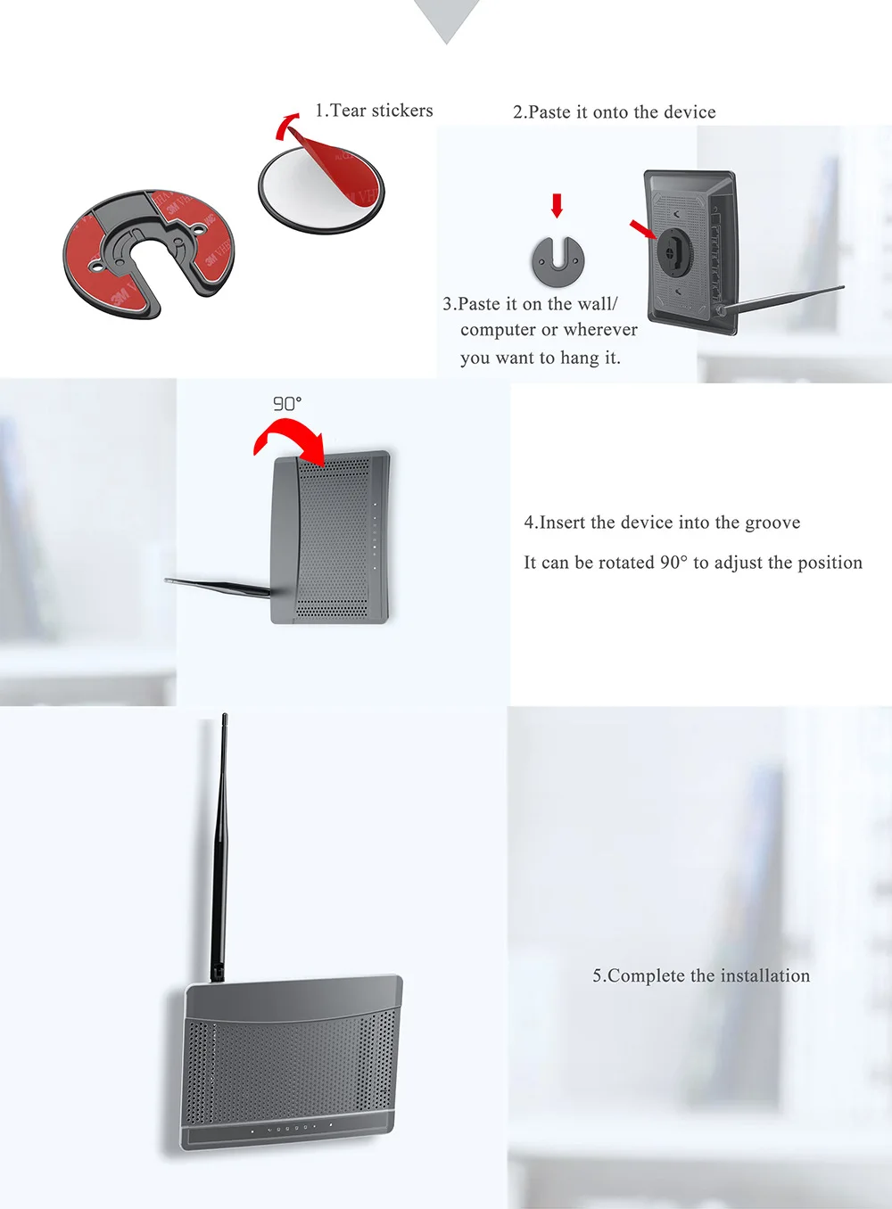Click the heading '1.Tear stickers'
tap(374, 111)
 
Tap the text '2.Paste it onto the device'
tap(614, 112)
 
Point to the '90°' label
tap(286, 403)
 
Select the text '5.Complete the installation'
tap(701, 975)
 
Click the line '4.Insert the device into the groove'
tap(662, 522)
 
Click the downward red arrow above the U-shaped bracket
tap(557, 206)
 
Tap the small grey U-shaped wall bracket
tap(557, 261)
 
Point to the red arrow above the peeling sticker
tap(286, 127)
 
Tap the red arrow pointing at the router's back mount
tap(643, 229)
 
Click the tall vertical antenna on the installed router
tap(219, 847)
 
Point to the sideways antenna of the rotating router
tap(219, 588)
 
